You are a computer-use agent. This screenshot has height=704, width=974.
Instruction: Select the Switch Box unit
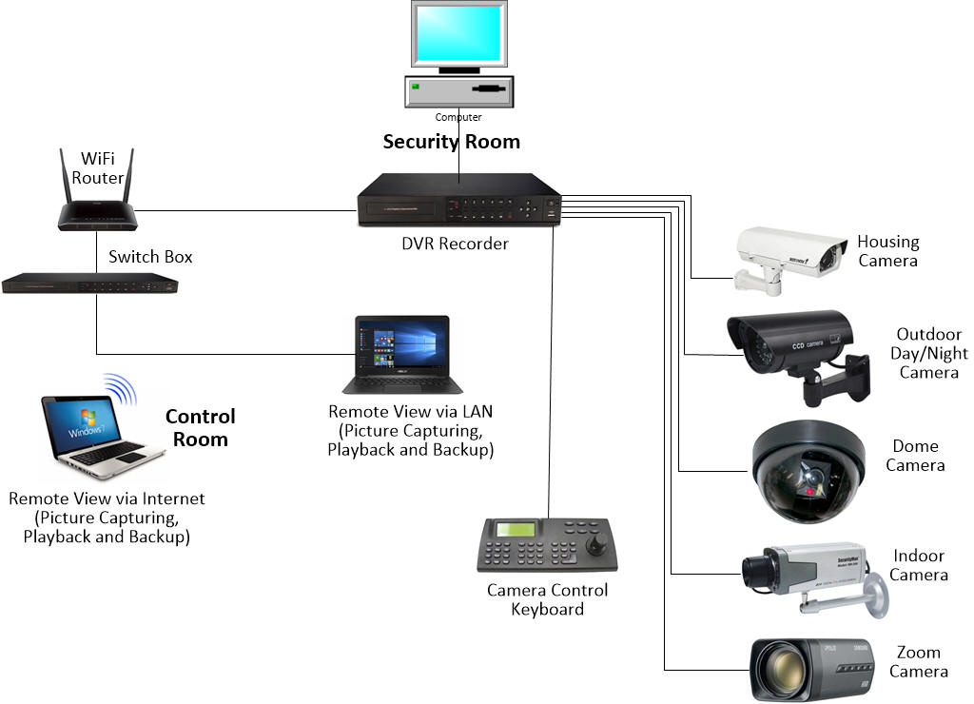pyautogui.click(x=90, y=284)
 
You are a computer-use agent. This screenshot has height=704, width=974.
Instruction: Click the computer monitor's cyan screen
pyautogui.click(x=458, y=32)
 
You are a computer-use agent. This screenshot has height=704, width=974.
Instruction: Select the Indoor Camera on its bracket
pyautogui.click(x=808, y=576)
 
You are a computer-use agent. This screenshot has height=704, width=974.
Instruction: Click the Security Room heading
pyautogui.click(x=451, y=142)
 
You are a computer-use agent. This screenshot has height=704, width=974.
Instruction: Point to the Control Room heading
pyautogui.click(x=200, y=428)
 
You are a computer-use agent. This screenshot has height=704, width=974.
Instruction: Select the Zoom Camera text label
pyautogui.click(x=918, y=662)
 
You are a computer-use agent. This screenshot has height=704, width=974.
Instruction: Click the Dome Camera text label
pyautogui.click(x=915, y=456)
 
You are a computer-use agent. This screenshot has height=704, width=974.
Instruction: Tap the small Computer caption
pyautogui.click(x=458, y=117)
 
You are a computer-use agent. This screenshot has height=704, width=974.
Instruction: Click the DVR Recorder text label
pyautogui.click(x=455, y=244)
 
